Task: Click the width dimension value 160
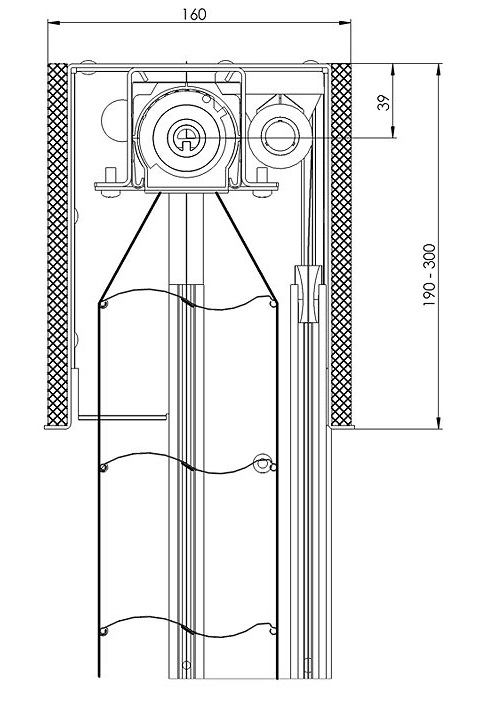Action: point(195,14)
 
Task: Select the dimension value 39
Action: point(384,103)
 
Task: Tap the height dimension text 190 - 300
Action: point(429,275)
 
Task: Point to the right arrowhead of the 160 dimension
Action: point(345,21)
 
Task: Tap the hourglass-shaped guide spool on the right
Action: point(308,294)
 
